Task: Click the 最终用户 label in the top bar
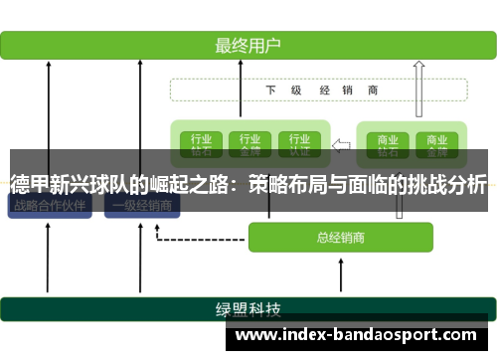(x=248, y=45)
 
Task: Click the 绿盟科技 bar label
(x=248, y=307)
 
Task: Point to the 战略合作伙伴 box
(x=49, y=206)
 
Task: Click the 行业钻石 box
(x=200, y=144)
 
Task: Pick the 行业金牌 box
(x=249, y=144)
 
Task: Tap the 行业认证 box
(x=299, y=144)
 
